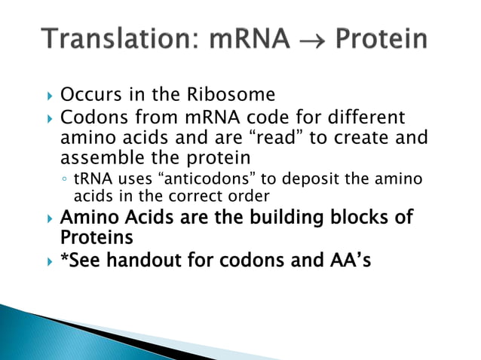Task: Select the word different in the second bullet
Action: [361, 118]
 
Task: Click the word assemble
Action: [97, 159]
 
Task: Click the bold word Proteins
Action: [97, 237]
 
